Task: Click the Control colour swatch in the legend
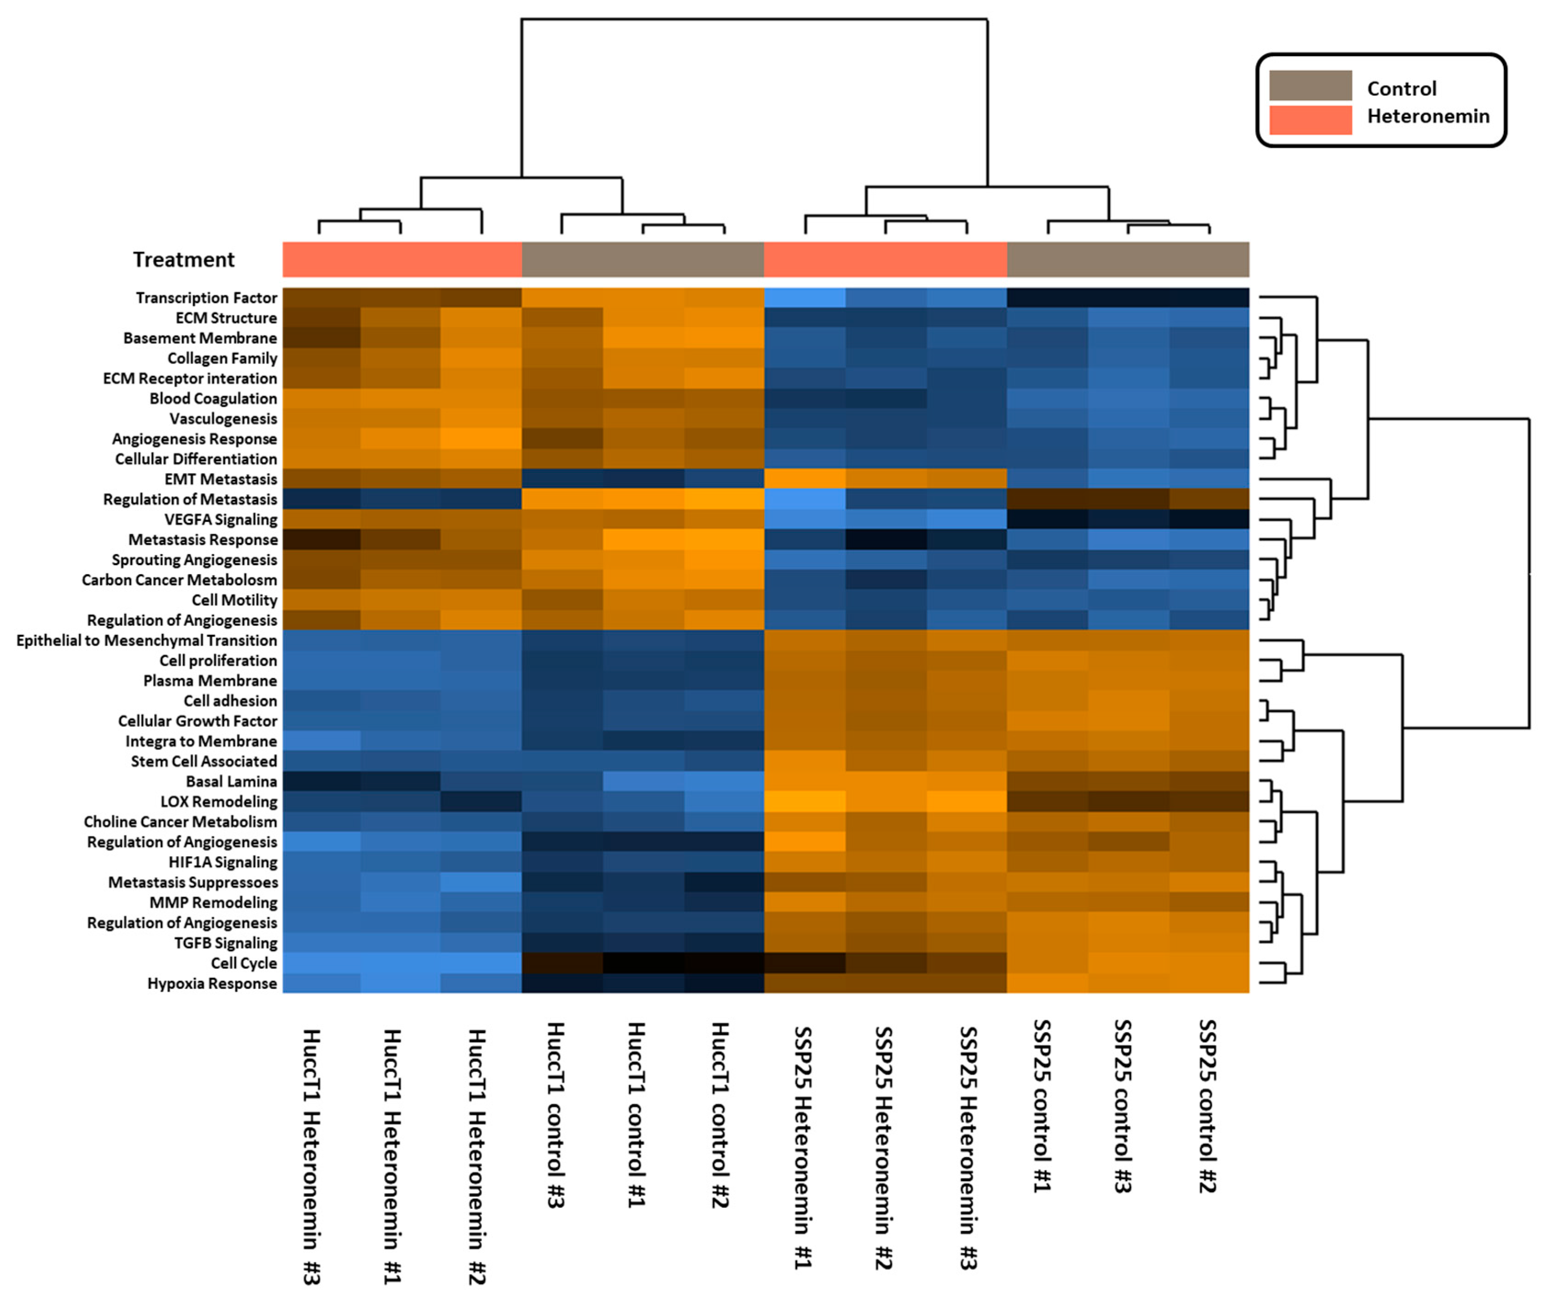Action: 1310,86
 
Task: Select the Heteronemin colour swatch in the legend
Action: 1310,120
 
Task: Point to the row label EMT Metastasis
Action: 220,480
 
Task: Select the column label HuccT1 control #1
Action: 636,1115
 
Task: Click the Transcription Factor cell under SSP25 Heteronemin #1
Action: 804,297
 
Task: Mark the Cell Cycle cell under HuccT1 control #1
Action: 643,963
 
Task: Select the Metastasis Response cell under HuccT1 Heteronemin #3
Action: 322,540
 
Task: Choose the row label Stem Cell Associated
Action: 203,761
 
